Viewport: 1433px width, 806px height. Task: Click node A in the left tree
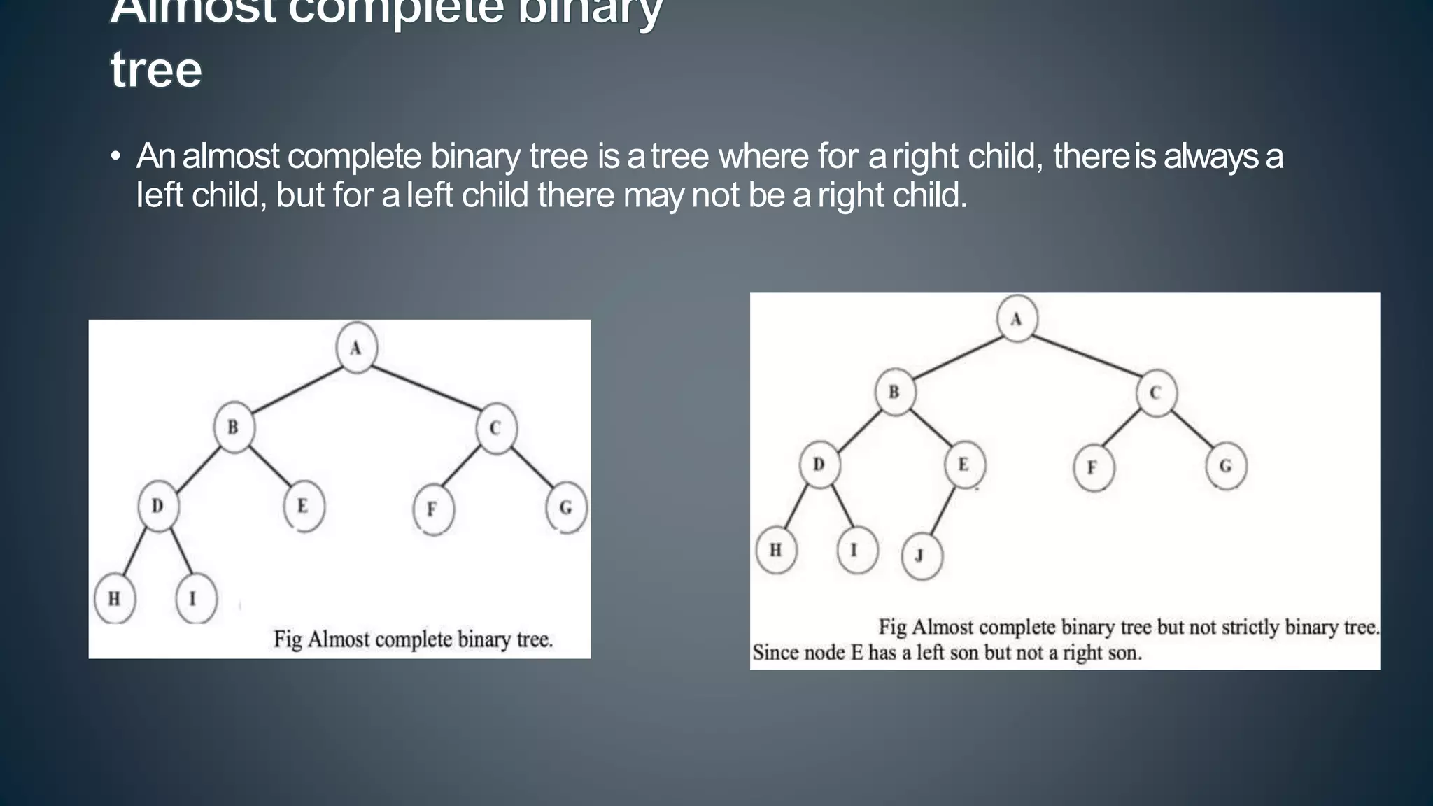click(x=356, y=348)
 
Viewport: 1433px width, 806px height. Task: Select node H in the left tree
click(x=114, y=598)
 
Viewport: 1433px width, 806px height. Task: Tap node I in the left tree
click(x=195, y=598)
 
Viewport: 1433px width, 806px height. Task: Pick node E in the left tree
click(x=304, y=506)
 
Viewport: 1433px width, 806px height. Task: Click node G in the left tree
click(x=566, y=508)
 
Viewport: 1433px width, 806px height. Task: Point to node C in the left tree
click(x=496, y=428)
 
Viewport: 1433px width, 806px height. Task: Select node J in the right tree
click(x=922, y=556)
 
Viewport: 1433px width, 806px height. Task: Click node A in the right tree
click(x=1017, y=319)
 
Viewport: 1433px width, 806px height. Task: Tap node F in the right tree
click(x=1093, y=467)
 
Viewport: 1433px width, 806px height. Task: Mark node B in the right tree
click(x=895, y=392)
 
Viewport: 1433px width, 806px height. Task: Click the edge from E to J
click(x=943, y=512)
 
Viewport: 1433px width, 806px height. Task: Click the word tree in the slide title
click(x=156, y=70)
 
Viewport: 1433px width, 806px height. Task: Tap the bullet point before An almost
click(x=116, y=157)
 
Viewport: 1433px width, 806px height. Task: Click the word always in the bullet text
click(x=1210, y=156)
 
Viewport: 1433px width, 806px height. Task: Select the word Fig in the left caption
click(x=287, y=639)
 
